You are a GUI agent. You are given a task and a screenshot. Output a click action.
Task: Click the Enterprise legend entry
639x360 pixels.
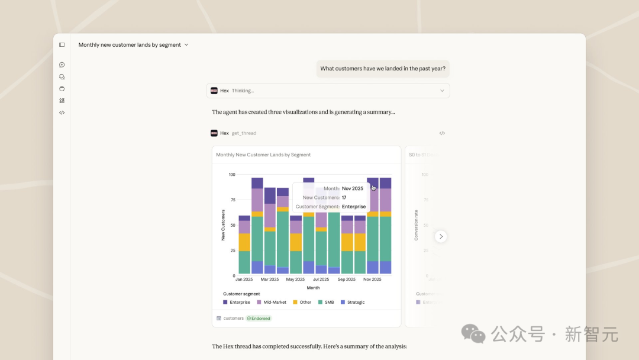237,302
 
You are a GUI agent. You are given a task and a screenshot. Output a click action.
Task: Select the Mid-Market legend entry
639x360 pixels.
272,302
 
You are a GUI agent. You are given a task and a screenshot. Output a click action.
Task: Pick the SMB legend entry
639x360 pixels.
326,302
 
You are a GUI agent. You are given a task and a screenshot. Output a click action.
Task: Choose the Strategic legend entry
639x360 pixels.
353,302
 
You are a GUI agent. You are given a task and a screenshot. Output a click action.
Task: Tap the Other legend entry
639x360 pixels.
302,302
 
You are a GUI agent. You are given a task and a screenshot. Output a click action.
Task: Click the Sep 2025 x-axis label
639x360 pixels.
346,279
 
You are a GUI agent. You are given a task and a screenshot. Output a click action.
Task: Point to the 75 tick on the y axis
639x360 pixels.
232,200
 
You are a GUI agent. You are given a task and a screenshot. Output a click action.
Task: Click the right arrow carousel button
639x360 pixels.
441,236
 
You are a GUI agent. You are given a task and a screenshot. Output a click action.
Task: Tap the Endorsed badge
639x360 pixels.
259,319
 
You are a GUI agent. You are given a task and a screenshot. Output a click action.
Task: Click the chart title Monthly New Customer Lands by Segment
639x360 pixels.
263,155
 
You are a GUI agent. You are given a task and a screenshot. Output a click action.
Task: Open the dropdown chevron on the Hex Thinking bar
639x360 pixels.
442,91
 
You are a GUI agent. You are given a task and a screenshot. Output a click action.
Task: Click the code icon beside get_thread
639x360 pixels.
442,133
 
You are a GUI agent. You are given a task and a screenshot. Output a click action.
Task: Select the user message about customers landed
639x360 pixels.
383,69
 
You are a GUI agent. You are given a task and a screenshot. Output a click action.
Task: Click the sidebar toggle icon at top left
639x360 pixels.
62,44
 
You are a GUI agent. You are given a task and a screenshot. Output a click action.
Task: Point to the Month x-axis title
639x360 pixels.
313,288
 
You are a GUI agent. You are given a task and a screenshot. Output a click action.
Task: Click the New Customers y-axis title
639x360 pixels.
223,225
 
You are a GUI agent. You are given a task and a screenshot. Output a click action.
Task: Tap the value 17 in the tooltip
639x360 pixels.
344,198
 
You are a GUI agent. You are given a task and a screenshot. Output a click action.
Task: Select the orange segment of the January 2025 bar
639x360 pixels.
244,242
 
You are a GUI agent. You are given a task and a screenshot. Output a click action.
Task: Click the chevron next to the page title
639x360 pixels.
186,44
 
